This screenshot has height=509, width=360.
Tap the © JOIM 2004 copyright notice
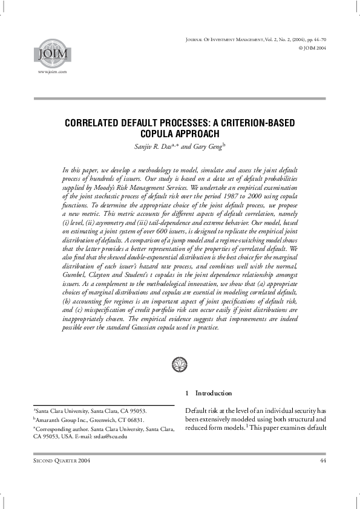(x=310, y=47)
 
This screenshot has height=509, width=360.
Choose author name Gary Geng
(x=206, y=144)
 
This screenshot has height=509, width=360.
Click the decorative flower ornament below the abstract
(x=180, y=364)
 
